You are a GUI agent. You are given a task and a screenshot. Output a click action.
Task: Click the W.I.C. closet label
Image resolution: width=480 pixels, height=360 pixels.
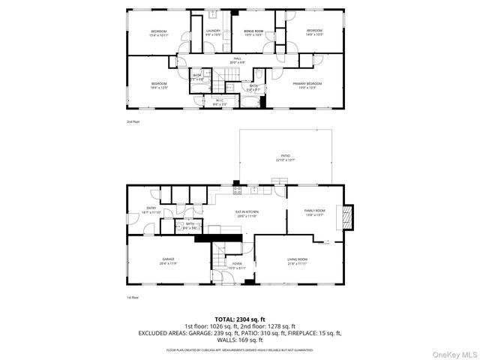(220, 101)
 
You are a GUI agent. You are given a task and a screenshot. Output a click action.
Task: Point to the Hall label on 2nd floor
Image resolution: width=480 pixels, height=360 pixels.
(237, 60)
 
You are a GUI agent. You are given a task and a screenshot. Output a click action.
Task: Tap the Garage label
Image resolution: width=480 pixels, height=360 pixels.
(167, 260)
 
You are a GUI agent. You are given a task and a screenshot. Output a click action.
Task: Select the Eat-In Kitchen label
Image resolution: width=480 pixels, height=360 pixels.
(247, 214)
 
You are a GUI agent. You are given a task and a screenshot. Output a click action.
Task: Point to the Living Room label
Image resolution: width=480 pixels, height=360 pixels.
(298, 261)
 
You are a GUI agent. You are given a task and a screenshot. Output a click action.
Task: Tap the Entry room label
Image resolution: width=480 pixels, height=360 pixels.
(151, 210)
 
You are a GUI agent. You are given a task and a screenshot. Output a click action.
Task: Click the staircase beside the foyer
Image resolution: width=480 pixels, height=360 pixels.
(219, 258)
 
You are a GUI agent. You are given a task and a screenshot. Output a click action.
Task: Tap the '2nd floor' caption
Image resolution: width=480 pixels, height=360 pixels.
(132, 121)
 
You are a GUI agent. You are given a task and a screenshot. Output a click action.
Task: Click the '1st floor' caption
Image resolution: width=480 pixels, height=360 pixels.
(132, 298)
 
